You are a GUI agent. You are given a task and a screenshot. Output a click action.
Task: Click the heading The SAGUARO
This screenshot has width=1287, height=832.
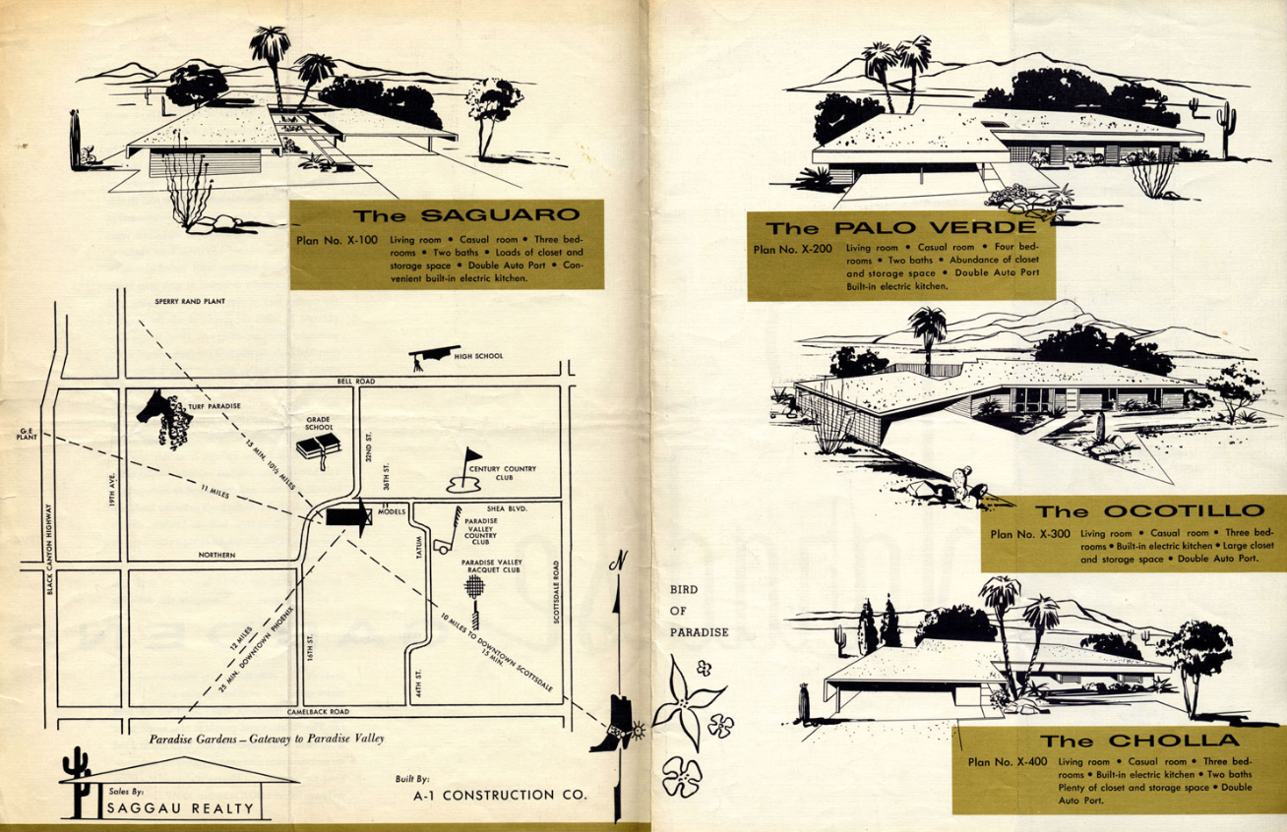(x=465, y=215)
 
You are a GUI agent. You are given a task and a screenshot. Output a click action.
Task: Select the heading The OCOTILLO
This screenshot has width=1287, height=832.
(x=1149, y=510)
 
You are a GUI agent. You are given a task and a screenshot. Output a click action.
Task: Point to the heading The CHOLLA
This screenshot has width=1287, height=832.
(x=1140, y=741)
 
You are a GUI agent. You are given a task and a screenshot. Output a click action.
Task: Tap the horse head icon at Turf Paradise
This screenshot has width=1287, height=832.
(x=163, y=418)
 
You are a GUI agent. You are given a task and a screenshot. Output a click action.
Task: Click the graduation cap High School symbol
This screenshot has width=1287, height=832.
(x=430, y=355)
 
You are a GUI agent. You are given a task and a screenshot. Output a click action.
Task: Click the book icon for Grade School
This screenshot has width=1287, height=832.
(x=318, y=448)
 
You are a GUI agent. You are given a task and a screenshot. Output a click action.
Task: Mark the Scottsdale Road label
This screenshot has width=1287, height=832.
(x=556, y=592)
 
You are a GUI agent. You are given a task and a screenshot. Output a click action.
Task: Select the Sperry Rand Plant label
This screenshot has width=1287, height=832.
(x=191, y=302)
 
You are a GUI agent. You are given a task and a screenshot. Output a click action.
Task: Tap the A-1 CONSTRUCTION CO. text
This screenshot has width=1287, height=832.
(x=499, y=795)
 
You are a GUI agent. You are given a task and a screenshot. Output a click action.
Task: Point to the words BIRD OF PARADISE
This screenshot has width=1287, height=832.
(x=699, y=611)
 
